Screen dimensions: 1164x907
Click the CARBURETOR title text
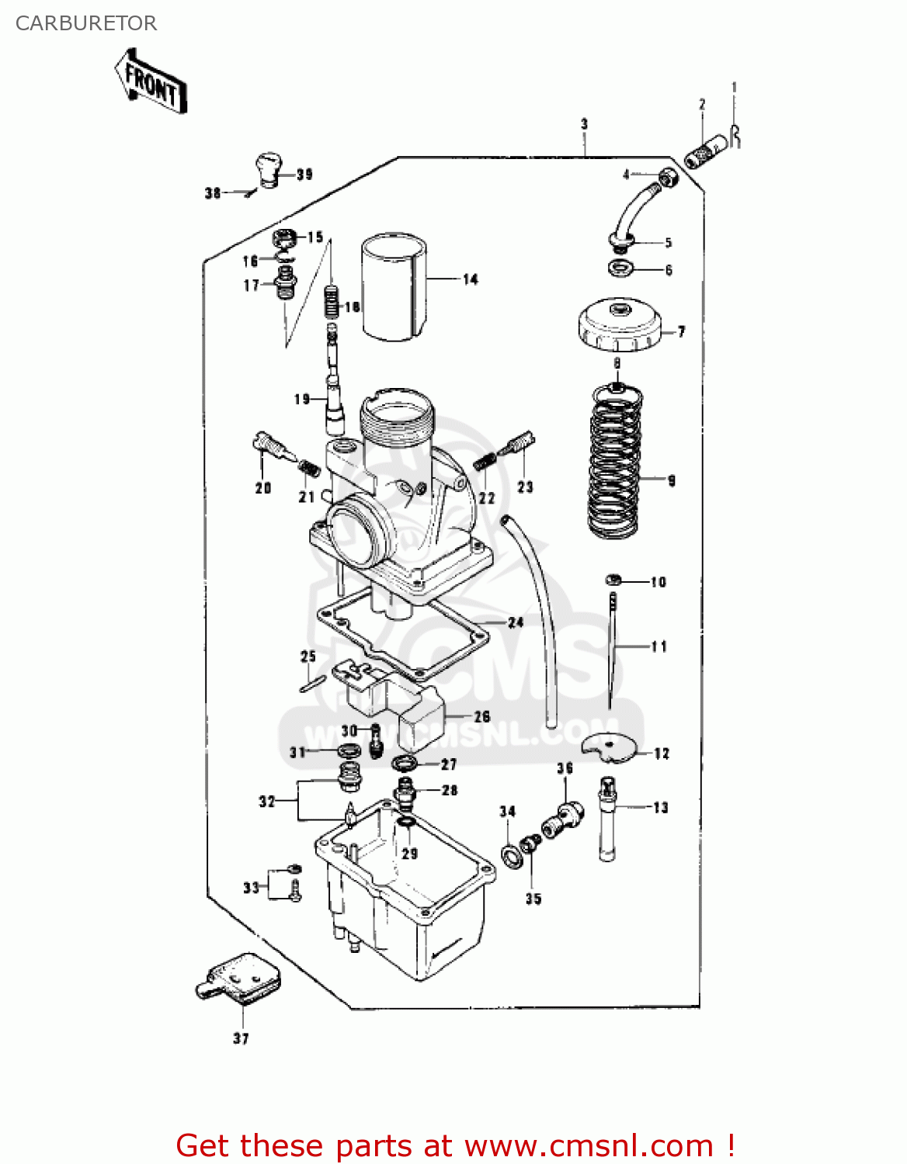[x=86, y=23]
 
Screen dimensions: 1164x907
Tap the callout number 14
[x=471, y=279]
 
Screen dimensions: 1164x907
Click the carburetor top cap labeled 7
[x=619, y=326]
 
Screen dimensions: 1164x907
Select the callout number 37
[x=241, y=1038]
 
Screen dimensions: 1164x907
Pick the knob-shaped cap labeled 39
[x=269, y=170]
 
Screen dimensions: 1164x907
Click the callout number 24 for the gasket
[x=516, y=622]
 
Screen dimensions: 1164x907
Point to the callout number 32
[x=267, y=801]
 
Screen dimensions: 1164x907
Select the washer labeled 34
[x=511, y=857]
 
